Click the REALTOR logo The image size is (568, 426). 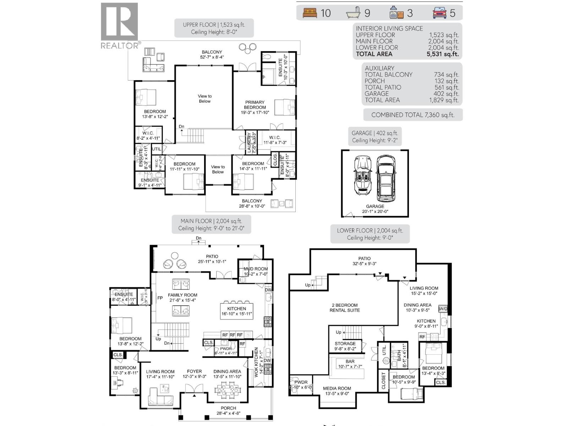119,26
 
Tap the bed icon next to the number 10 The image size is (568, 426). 310,13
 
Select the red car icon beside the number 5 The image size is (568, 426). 439,13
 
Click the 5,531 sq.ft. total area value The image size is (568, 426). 442,54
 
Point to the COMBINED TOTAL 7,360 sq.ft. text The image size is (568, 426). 413,115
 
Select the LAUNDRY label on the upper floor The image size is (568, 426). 249,143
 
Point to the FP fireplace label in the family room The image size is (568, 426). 160,298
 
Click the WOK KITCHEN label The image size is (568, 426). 256,362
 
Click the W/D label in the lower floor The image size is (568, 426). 443,309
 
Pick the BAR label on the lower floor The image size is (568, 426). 350,361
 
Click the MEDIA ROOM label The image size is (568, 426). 337,388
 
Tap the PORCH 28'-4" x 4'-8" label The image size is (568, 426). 228,410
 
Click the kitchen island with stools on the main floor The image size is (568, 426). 236,311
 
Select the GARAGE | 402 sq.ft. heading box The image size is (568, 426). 375,136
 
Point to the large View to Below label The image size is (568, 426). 204,99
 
